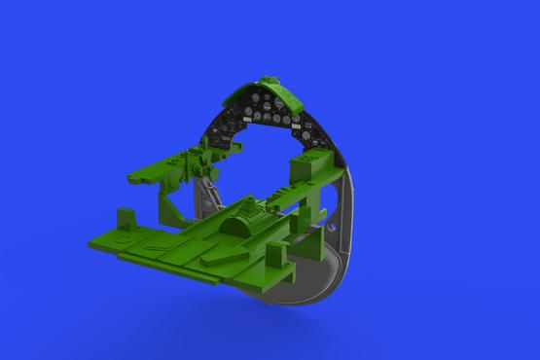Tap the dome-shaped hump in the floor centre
click(x=243, y=225)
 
